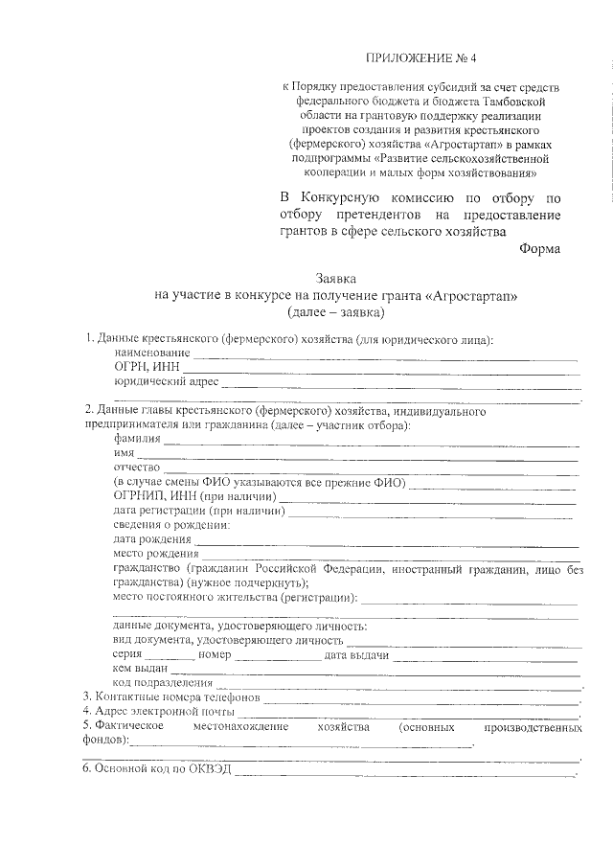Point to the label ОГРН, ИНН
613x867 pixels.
click(x=145, y=367)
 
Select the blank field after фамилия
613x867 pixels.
click(x=370, y=443)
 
